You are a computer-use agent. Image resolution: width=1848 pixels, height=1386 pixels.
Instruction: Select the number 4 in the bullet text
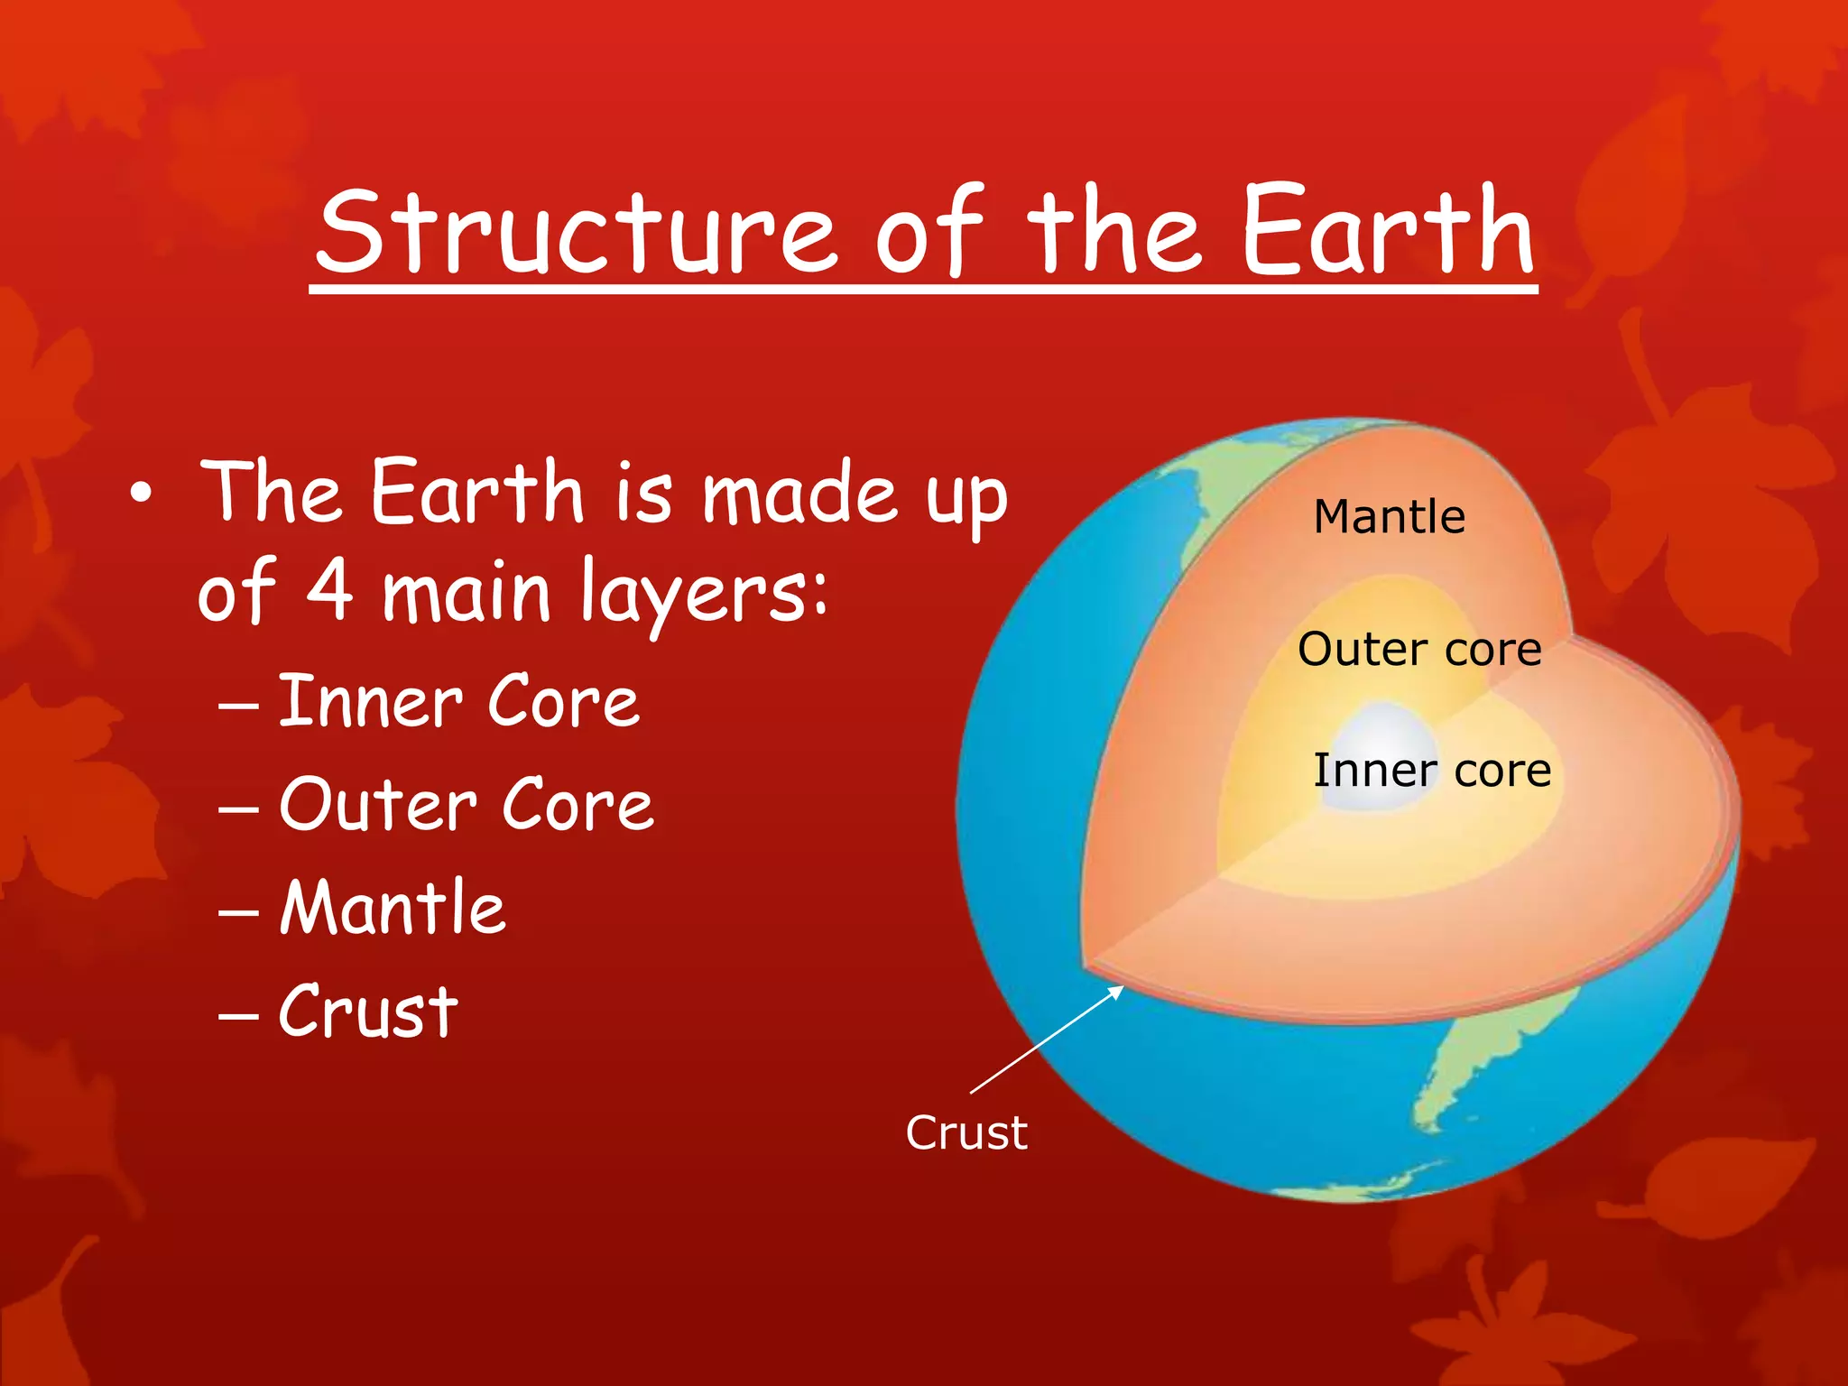(x=329, y=591)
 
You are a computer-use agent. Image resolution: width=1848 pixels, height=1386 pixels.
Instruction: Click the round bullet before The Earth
(x=141, y=494)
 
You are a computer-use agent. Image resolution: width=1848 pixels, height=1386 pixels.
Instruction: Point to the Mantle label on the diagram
(x=1389, y=517)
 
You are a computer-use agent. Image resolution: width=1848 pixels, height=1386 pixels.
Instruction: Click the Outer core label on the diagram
(x=1419, y=649)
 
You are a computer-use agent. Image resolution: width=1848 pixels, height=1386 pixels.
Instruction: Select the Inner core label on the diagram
(x=1432, y=771)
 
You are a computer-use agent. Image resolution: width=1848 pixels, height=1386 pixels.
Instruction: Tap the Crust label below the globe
(x=966, y=1132)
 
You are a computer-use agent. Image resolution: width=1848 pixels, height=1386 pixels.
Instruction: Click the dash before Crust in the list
(x=238, y=1014)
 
